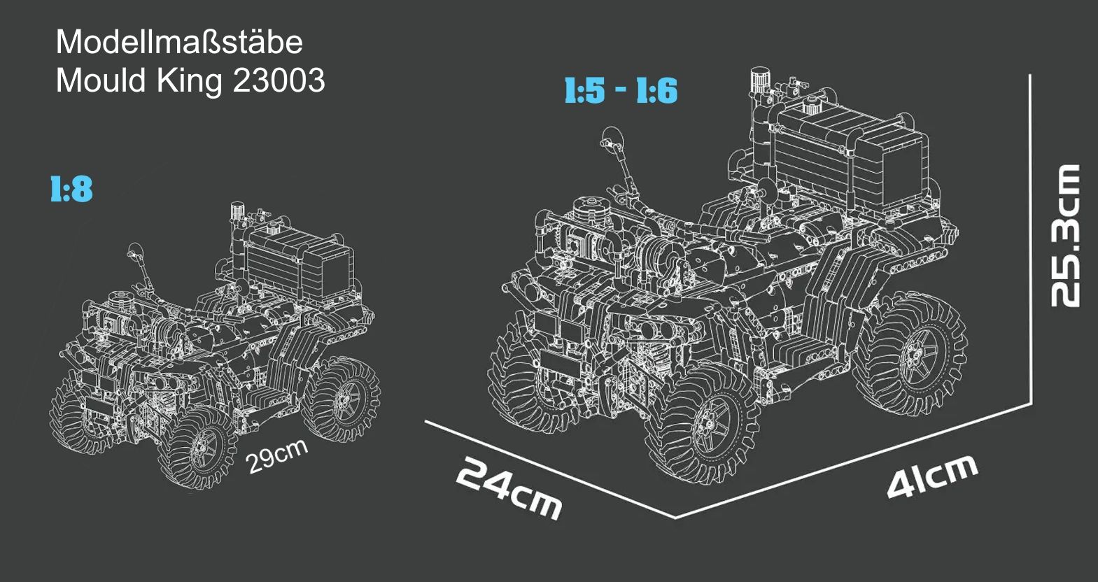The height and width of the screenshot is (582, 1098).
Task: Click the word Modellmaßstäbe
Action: (179, 42)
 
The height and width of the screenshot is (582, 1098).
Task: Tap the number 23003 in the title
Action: (279, 80)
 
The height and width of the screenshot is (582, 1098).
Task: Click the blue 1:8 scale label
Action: (71, 190)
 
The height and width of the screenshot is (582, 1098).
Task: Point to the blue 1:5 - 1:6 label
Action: (621, 90)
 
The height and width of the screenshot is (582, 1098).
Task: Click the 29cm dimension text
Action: (277, 456)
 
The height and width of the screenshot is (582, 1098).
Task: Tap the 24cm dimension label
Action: (508, 488)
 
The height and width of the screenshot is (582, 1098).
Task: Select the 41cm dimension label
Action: (932, 476)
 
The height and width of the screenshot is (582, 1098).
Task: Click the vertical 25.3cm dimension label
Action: (1065, 236)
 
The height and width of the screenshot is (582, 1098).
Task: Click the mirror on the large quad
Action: (612, 139)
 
